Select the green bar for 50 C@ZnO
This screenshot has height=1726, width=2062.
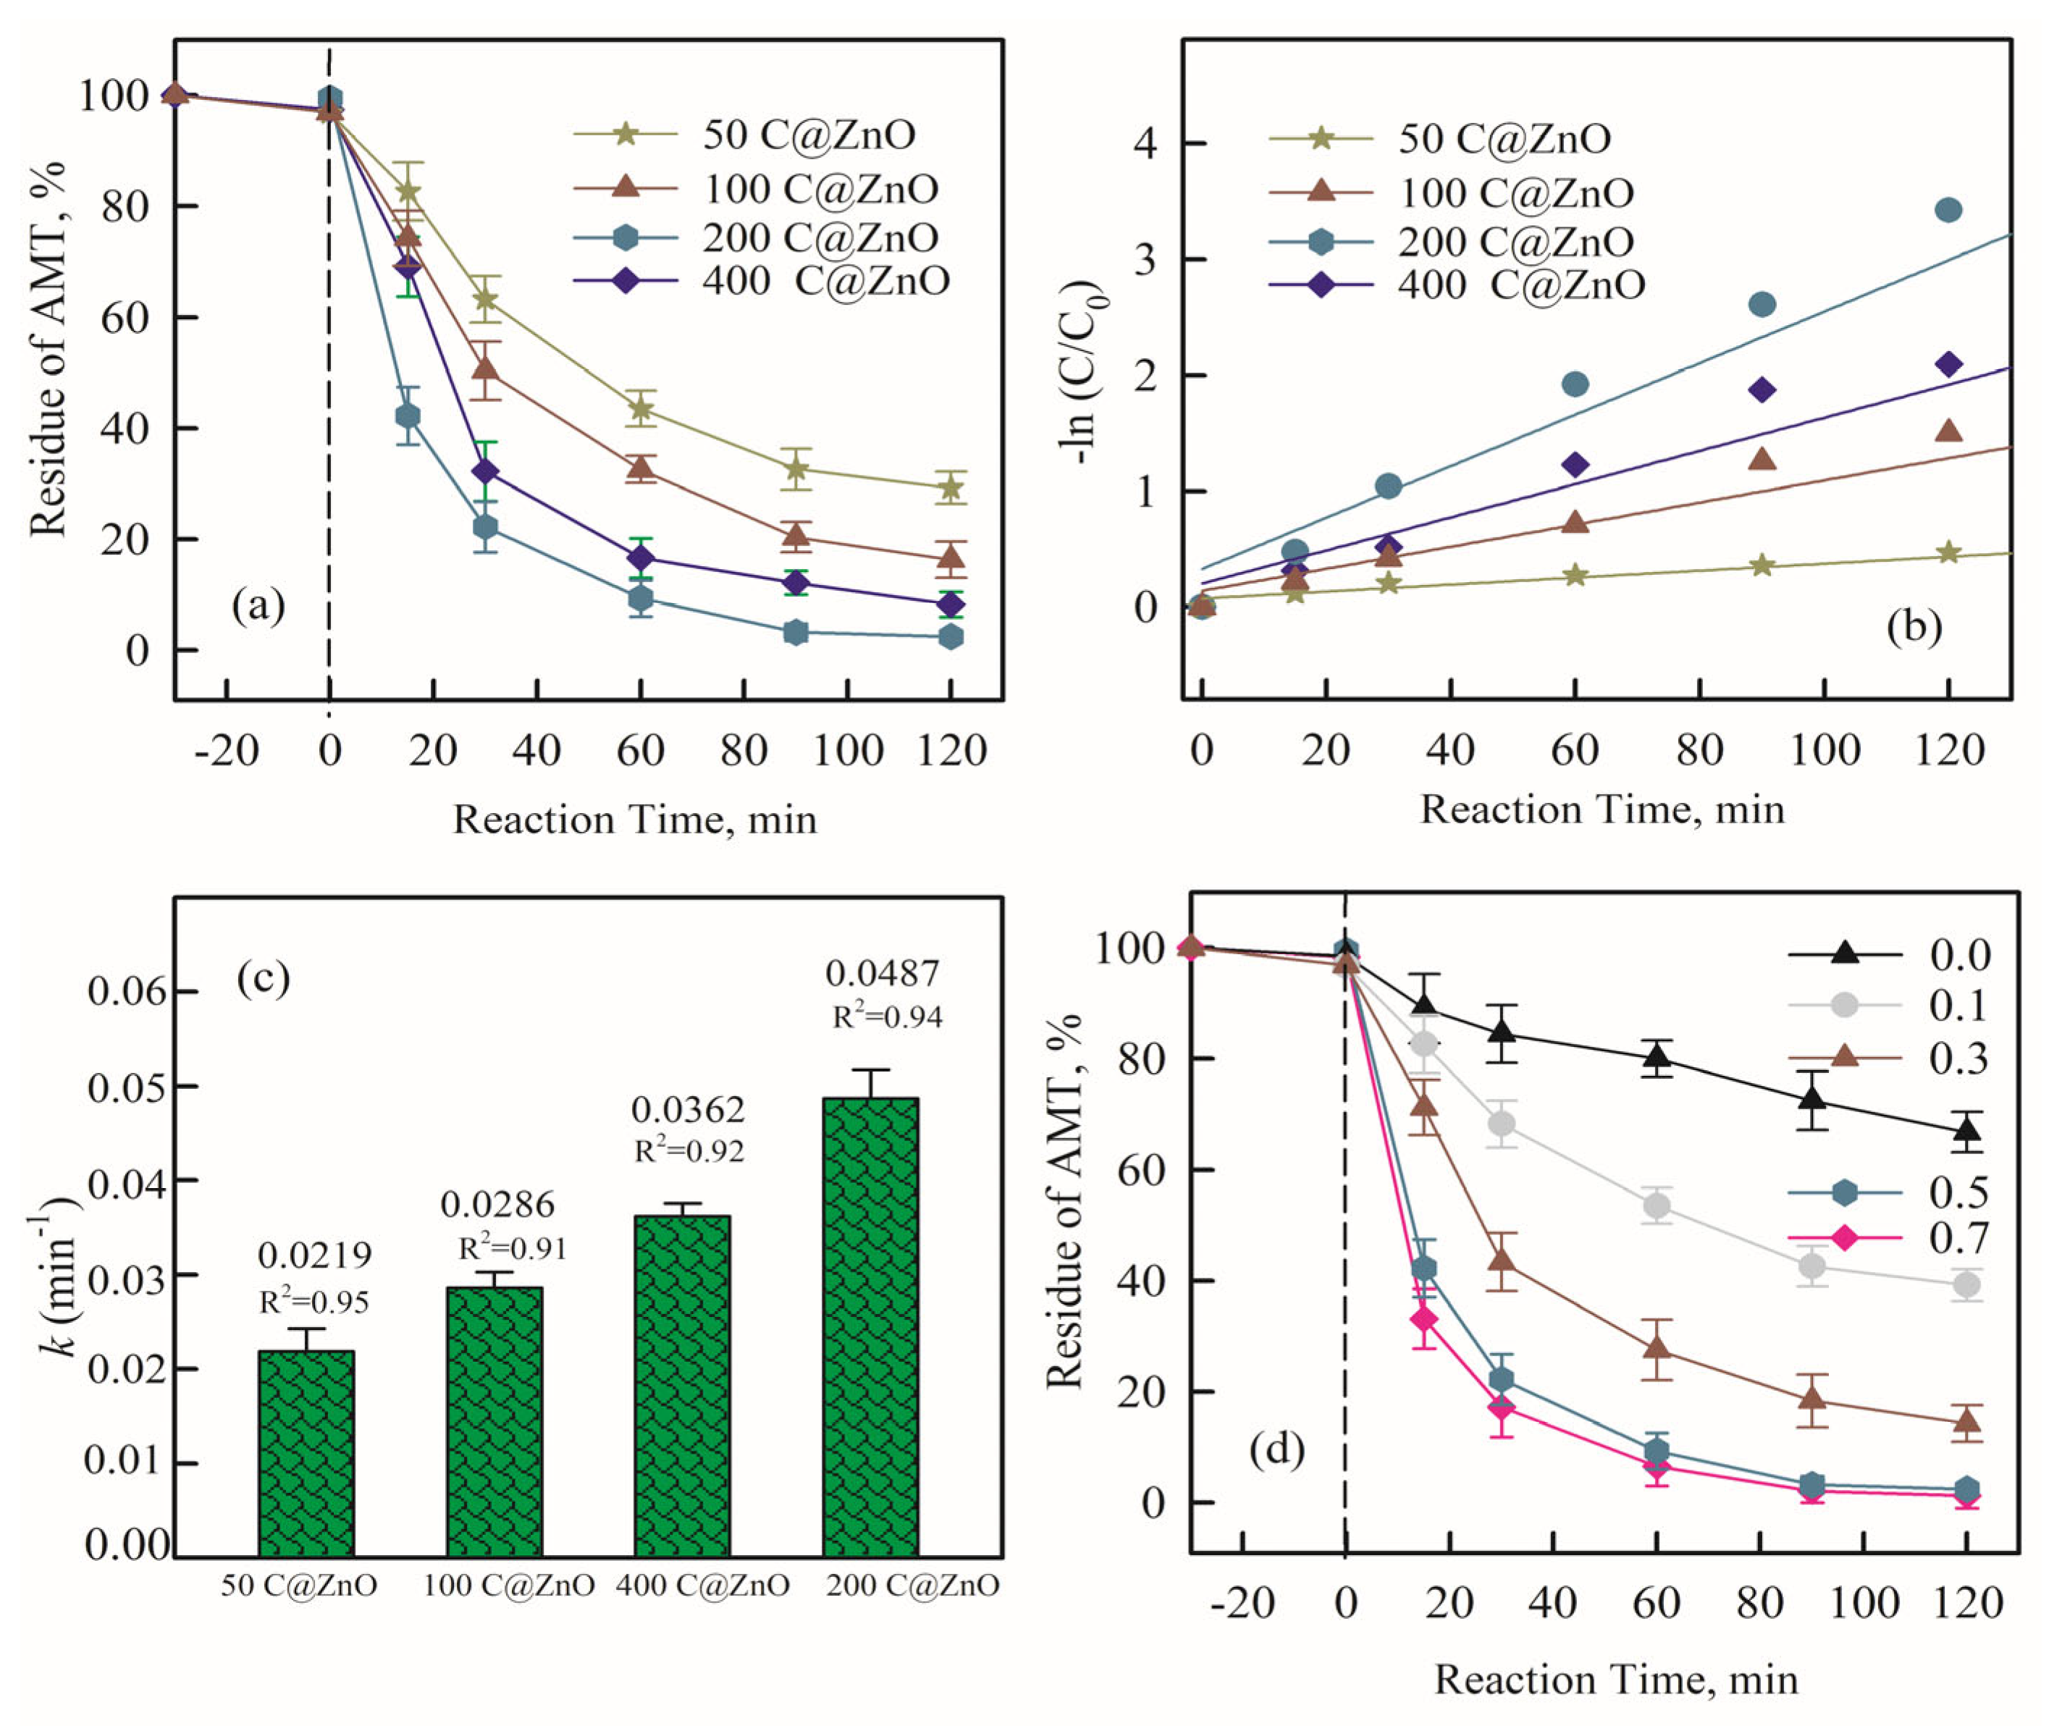tap(306, 1454)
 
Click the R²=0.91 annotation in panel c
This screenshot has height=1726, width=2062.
tap(512, 1248)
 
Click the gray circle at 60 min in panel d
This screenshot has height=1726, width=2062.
tap(1657, 1205)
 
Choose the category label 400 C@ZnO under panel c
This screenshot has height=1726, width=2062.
tap(703, 1586)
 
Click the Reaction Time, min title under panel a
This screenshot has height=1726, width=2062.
tap(634, 820)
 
